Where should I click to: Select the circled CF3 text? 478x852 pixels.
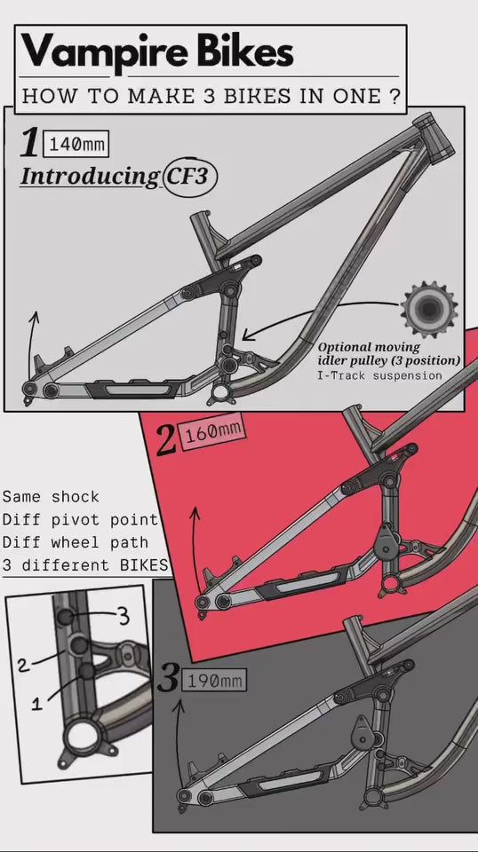pyautogui.click(x=188, y=175)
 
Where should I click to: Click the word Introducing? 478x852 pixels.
pyautogui.click(x=89, y=176)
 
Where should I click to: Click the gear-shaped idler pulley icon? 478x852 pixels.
pyautogui.click(x=428, y=309)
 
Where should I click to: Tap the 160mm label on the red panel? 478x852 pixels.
pyautogui.click(x=211, y=433)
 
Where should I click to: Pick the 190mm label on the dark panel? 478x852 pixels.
pyautogui.click(x=213, y=682)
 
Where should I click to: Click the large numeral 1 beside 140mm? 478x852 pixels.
pyautogui.click(x=31, y=144)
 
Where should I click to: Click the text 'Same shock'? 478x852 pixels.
pyautogui.click(x=51, y=497)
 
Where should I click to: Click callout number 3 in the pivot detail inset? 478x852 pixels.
pyautogui.click(x=123, y=614)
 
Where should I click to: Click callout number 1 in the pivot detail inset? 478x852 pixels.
pyautogui.click(x=37, y=704)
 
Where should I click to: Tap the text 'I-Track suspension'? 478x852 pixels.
pyautogui.click(x=379, y=375)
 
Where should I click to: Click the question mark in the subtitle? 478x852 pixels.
pyautogui.click(x=394, y=96)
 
